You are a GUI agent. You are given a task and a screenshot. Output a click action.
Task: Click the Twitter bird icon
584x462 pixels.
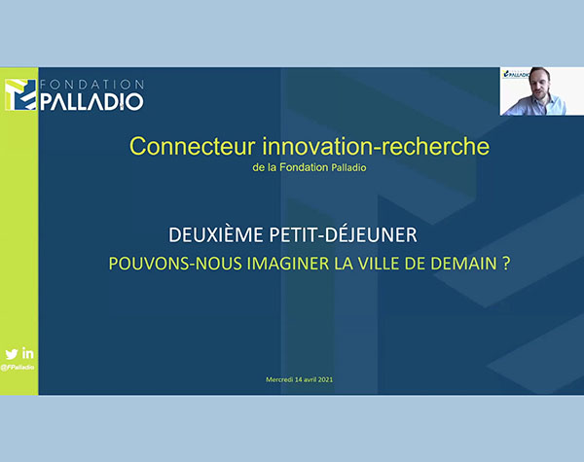pyautogui.click(x=12, y=354)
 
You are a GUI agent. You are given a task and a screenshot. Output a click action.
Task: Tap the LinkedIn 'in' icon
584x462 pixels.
pyautogui.click(x=27, y=353)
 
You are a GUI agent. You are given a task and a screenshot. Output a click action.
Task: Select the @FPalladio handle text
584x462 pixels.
pyautogui.click(x=18, y=368)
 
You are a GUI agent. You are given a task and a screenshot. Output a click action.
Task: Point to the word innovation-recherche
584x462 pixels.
pyautogui.click(x=376, y=146)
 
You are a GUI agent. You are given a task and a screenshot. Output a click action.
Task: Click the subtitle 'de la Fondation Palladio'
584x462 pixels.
pyautogui.click(x=310, y=167)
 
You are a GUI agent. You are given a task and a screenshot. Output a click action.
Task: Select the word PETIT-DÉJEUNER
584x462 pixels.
pyautogui.click(x=343, y=235)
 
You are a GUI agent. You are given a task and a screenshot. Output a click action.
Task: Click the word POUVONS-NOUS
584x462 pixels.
pyautogui.click(x=175, y=264)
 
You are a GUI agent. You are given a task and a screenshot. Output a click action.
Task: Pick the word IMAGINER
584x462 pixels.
pyautogui.click(x=288, y=264)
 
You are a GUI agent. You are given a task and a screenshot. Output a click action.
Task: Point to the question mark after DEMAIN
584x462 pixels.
pyautogui.click(x=506, y=264)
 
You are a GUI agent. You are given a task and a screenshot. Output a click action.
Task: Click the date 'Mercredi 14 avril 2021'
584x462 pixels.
pyautogui.click(x=299, y=379)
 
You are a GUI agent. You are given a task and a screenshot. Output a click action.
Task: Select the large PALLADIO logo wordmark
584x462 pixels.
pyautogui.click(x=91, y=101)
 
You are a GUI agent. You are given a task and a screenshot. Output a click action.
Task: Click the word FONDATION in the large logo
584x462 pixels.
pyautogui.click(x=92, y=85)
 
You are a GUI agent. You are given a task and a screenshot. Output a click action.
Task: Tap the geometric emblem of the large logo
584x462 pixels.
pyautogui.click(x=20, y=94)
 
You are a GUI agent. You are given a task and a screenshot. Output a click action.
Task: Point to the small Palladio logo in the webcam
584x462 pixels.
pyautogui.click(x=516, y=74)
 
